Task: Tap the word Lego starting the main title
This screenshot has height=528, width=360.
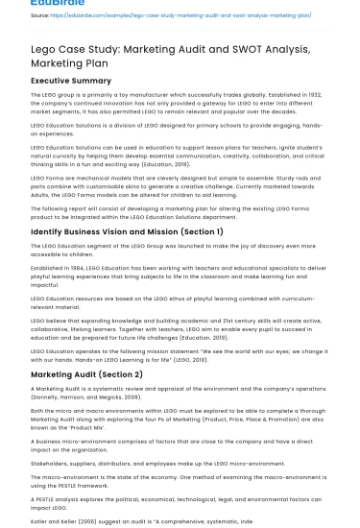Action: coord(46,46)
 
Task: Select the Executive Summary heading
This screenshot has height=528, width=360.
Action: coord(71,80)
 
